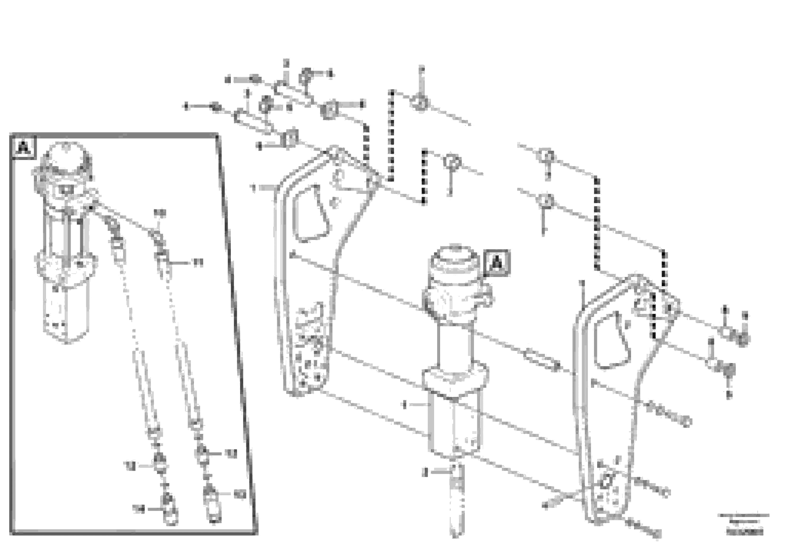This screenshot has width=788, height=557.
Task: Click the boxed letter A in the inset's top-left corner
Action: click(23, 148)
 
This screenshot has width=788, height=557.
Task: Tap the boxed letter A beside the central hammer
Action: click(497, 263)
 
